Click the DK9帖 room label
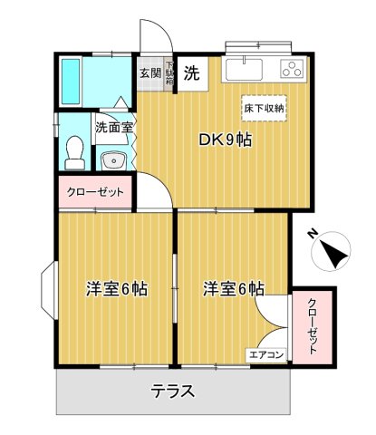225,140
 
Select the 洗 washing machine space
192,74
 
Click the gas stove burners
292,69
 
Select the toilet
75,150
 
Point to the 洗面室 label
114,128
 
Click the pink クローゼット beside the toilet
96,192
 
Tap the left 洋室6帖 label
117,290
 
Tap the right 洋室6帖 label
234,290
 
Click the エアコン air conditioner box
267,355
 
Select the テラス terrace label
172,392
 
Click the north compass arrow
333,253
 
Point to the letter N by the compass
311,234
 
